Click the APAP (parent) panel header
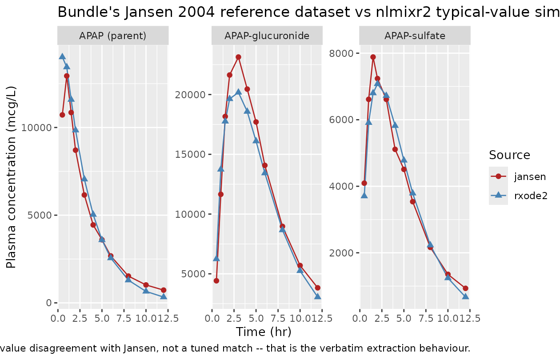click(113, 36)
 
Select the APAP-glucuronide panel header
click(267, 36)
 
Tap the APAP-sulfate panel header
click(415, 36)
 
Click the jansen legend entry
click(517, 176)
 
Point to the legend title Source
click(509, 155)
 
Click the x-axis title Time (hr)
click(264, 332)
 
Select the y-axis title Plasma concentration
click(11, 177)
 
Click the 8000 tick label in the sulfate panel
click(341, 53)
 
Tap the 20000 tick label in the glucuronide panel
click(190, 95)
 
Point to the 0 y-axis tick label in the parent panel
click(49, 303)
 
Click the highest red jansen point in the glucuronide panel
click(239, 57)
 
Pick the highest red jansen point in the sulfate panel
click(373, 57)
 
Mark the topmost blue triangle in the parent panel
click(62, 56)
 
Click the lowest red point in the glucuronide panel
click(216, 281)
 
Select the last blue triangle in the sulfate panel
click(465, 296)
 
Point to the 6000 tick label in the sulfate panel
click(341, 120)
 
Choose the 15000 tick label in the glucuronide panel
click(190, 154)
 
